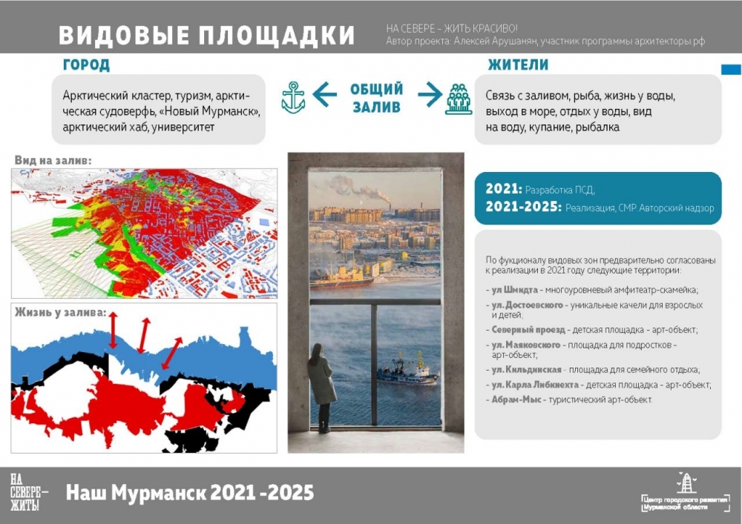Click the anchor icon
coord(293,97)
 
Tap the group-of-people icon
coord(459,99)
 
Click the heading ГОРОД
coord(86,64)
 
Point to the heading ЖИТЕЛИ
coord(518,64)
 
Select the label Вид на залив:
coord(53,160)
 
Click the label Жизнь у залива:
coord(61,312)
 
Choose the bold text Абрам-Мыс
coord(516,399)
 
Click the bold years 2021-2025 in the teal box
coord(523,207)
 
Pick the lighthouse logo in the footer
coord(686,482)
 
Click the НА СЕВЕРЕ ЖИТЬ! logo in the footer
coord(27,492)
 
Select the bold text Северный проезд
coord(528,330)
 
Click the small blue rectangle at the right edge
coord(731,70)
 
